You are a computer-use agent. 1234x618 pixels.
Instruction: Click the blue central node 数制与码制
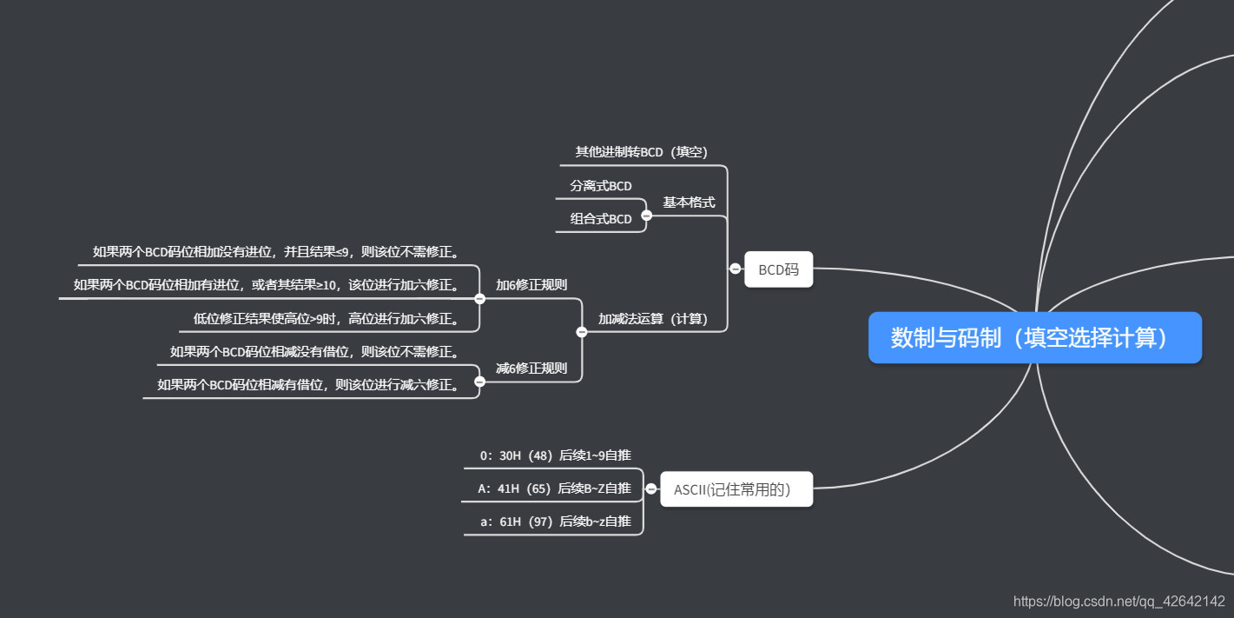point(1034,337)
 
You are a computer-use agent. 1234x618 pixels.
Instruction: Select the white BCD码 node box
point(778,269)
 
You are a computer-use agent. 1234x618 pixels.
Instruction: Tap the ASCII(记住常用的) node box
point(736,489)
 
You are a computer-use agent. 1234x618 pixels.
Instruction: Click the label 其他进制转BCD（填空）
point(642,152)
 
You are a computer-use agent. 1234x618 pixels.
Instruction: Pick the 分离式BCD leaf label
point(601,186)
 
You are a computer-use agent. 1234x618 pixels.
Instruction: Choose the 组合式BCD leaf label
point(601,219)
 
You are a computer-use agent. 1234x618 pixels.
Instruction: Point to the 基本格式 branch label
point(689,203)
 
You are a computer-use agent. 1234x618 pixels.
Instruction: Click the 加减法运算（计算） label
point(652,319)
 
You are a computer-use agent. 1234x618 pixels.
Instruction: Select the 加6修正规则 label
point(531,285)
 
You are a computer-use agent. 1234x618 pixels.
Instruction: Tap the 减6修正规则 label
point(531,369)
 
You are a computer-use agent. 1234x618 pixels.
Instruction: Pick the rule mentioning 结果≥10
point(266,285)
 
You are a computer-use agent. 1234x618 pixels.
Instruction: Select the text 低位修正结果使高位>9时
point(327,319)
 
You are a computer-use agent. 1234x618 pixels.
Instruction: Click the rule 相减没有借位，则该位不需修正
point(314,352)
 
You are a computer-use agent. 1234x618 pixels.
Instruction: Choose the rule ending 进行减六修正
point(308,385)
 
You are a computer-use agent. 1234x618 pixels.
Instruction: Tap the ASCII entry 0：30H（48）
point(556,455)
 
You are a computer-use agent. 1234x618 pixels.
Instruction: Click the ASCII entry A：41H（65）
point(554,488)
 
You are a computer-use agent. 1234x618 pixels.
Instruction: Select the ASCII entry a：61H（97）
point(556,522)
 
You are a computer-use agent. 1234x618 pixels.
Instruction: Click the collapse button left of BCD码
point(736,269)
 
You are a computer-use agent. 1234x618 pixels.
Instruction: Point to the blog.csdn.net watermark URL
point(1119,601)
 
